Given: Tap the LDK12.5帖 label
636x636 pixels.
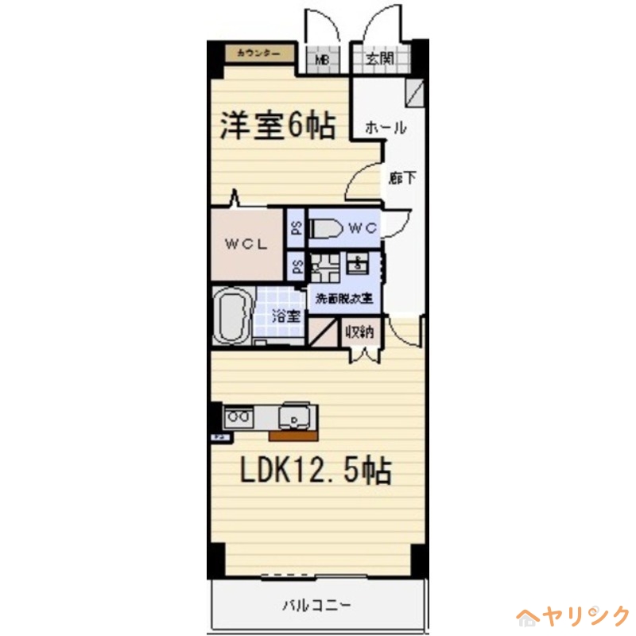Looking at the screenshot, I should click(x=316, y=471).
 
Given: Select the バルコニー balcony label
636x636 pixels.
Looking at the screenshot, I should click(x=316, y=606).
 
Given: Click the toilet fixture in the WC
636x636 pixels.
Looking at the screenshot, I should click(x=325, y=228).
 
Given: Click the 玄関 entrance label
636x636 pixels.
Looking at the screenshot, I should click(x=380, y=58).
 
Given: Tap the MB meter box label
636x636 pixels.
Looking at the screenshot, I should click(x=324, y=59).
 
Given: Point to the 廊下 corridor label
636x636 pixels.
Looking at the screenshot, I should click(x=401, y=177).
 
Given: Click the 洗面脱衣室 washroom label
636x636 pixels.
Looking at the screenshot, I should click(x=345, y=300).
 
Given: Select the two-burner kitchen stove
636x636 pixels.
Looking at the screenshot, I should click(x=238, y=415).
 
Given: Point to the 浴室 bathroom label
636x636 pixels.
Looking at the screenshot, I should click(x=287, y=316).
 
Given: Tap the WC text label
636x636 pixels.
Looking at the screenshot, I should click(x=362, y=228).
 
